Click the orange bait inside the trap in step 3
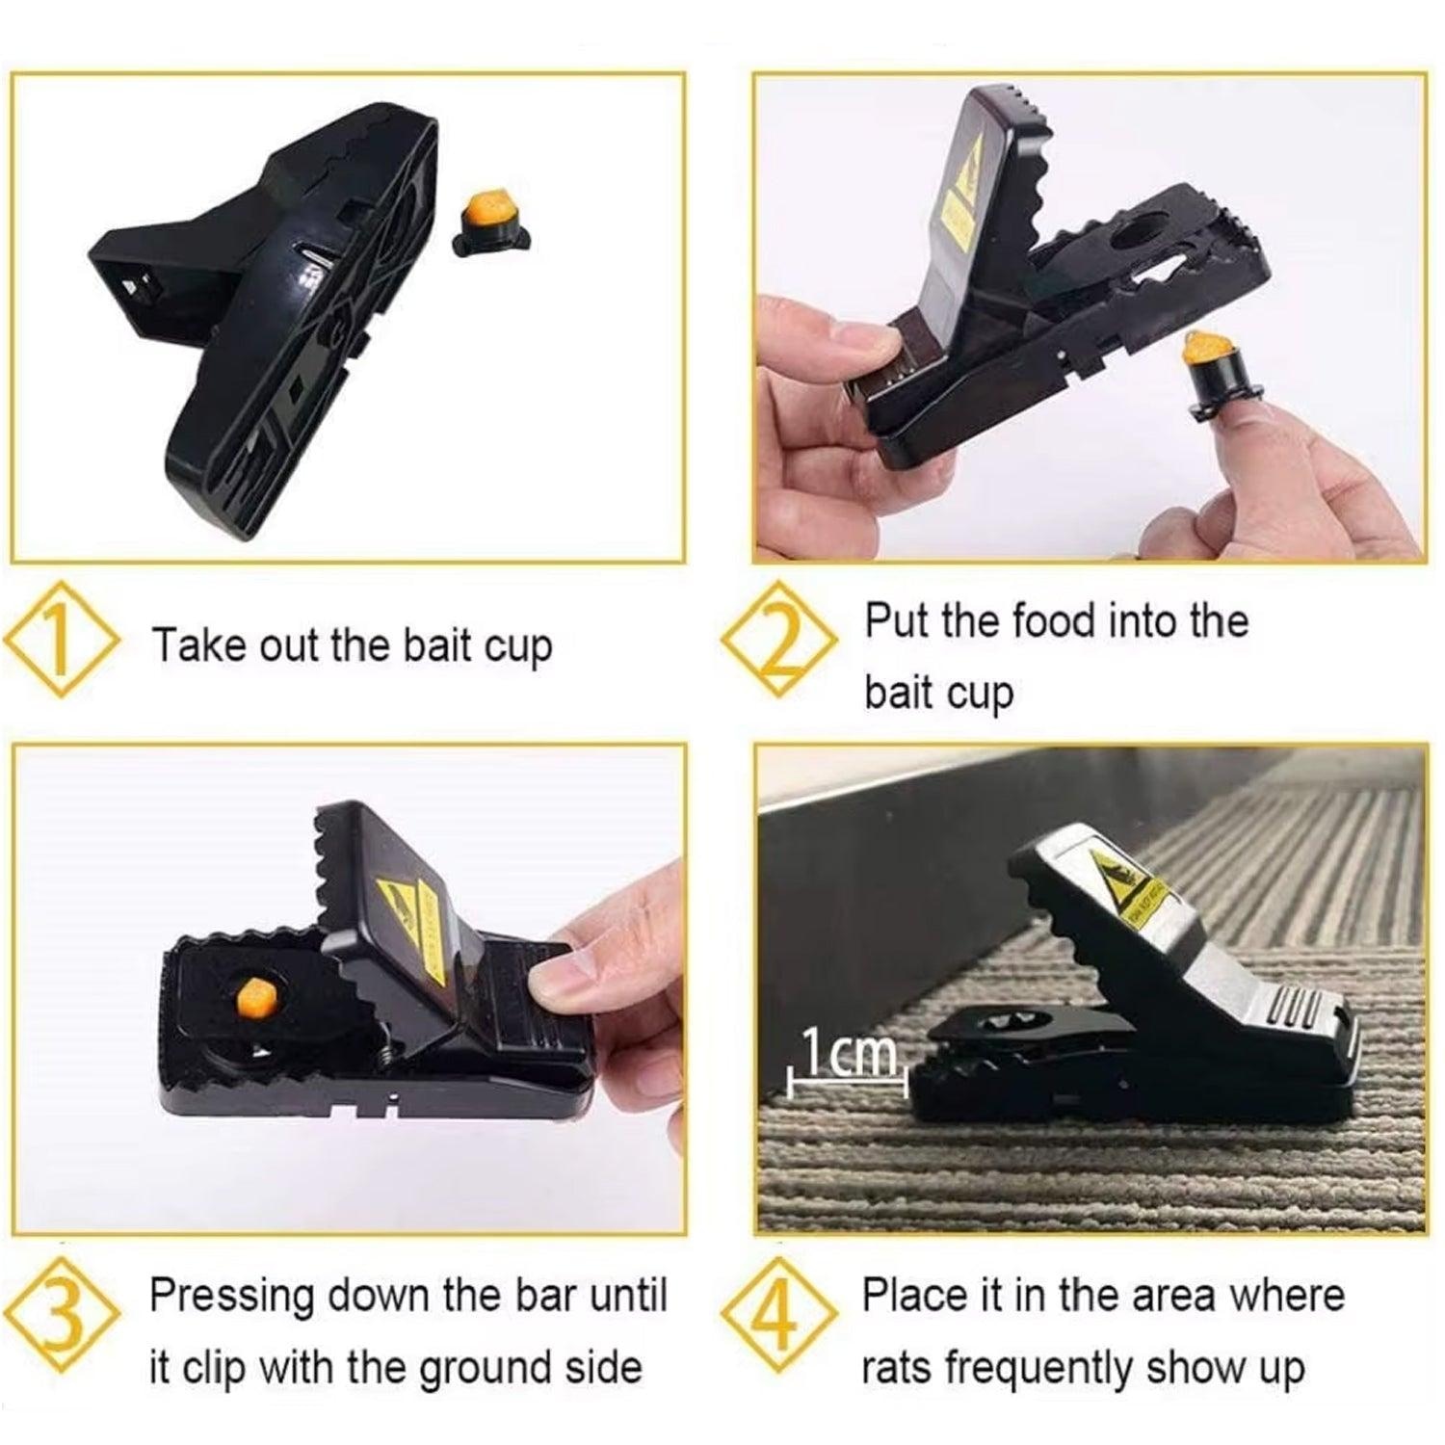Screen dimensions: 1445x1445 [255, 996]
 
